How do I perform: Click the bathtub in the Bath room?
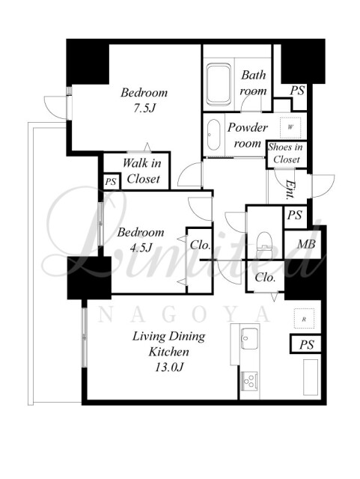(x=219, y=85)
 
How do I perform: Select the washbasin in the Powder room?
(x=213, y=135)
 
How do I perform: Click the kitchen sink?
(x=249, y=338)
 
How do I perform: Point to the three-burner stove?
(x=249, y=380)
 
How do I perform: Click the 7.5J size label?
(x=144, y=108)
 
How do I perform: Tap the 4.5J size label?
(x=141, y=248)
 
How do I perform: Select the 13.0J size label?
(x=168, y=367)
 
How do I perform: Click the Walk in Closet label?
(x=141, y=171)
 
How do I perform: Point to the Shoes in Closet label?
(x=286, y=153)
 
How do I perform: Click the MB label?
(x=306, y=244)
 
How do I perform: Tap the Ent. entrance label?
(x=290, y=189)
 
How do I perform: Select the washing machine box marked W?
(x=290, y=127)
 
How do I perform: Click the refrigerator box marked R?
(x=304, y=318)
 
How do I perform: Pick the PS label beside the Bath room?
(x=297, y=91)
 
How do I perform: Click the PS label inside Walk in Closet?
(x=111, y=182)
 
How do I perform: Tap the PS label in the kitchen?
(x=307, y=345)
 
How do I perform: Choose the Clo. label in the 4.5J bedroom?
(x=200, y=245)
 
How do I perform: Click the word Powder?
(x=248, y=127)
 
